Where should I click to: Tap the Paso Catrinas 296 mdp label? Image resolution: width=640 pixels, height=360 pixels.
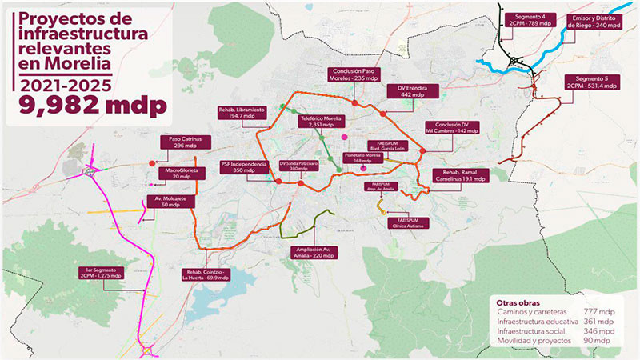pyautogui.click(x=186, y=143)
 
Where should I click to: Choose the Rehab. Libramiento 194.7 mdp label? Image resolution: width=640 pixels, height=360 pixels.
pyautogui.click(x=242, y=112)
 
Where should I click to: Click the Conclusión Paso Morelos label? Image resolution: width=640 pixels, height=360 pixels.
pyautogui.click(x=353, y=75)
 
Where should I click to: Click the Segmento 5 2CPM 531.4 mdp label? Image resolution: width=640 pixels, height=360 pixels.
pyautogui.click(x=590, y=82)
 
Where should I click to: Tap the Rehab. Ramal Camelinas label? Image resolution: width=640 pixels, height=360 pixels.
pyautogui.click(x=462, y=176)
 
